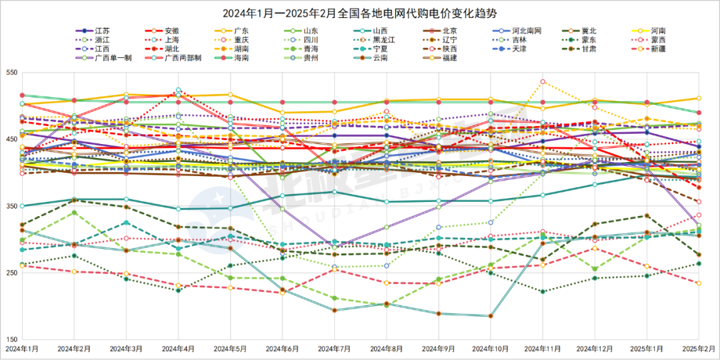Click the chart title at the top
[361, 13]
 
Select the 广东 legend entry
[241, 31]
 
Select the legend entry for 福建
[449, 57]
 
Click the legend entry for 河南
[658, 31]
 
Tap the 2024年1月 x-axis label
[22, 349]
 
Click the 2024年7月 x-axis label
[334, 349]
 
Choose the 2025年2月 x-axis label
[698, 349]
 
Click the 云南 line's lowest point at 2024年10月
[491, 316]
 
